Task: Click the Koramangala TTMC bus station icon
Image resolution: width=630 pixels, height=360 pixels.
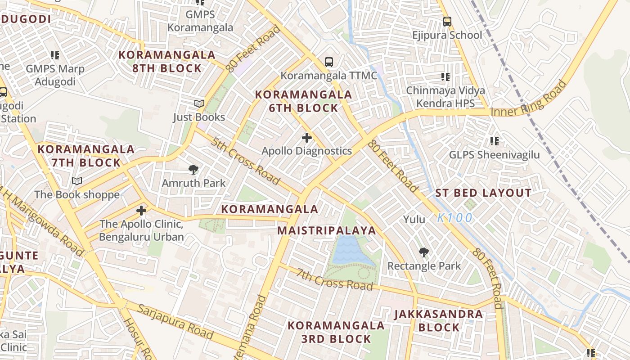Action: tap(329, 62)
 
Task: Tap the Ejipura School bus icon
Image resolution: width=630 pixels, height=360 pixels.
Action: tap(447, 21)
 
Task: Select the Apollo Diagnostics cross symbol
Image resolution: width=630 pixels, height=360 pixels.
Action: tap(307, 137)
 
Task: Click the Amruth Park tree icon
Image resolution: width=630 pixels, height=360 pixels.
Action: tap(193, 170)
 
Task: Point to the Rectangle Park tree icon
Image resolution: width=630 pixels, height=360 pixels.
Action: tap(423, 252)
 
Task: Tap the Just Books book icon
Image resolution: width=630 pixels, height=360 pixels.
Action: tap(199, 104)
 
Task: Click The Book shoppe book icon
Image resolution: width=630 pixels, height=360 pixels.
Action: tap(77, 181)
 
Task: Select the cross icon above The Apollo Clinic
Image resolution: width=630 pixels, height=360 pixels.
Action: tap(141, 210)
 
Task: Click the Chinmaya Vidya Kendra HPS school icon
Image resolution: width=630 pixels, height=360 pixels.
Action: tap(445, 77)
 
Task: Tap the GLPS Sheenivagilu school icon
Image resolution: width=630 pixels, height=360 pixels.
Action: tap(495, 141)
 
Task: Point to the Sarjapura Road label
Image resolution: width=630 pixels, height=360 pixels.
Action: tap(175, 321)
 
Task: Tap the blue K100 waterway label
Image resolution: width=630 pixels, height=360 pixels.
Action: tap(455, 218)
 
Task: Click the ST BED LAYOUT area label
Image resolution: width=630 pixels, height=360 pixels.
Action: tap(483, 193)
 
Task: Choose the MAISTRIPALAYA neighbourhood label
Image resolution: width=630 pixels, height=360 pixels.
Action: tap(326, 231)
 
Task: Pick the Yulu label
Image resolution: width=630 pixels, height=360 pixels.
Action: tap(414, 220)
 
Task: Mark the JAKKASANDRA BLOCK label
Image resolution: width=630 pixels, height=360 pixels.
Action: tap(438, 321)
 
